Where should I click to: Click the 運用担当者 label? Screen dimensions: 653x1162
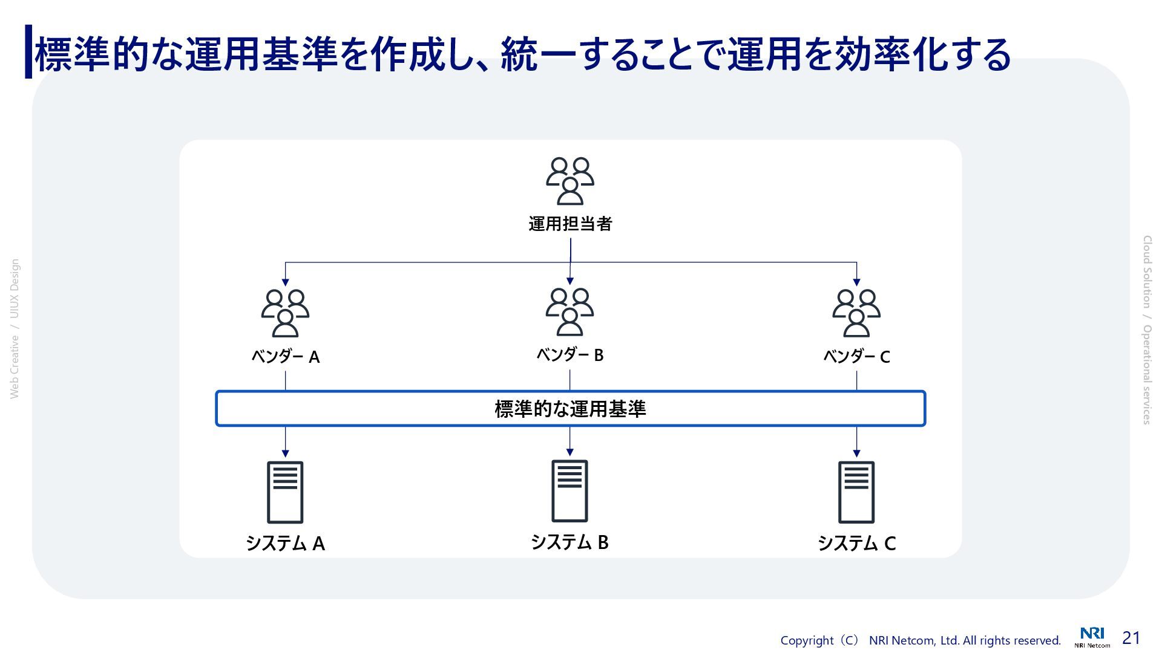point(570,224)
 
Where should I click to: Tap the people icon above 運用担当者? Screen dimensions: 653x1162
point(570,181)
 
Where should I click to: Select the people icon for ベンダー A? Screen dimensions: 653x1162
point(285,313)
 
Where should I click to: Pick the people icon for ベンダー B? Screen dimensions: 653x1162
point(570,312)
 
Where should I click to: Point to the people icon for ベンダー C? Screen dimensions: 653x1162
point(856,313)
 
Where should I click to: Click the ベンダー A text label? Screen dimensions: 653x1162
point(286,357)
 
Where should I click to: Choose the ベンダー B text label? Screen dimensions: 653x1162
point(570,355)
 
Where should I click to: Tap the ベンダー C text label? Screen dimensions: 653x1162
point(856,357)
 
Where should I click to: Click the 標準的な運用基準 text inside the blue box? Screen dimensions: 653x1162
point(570,409)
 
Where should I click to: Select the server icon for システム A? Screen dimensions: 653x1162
point(285,492)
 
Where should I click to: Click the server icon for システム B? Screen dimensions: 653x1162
point(570,491)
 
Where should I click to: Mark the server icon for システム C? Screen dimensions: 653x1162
point(856,492)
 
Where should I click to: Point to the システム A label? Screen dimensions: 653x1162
point(286,544)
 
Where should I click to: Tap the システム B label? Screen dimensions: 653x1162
point(570,542)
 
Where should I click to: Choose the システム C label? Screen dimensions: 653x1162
point(856,544)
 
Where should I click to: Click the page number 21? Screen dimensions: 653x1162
point(1131,638)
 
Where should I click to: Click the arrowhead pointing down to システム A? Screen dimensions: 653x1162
point(285,453)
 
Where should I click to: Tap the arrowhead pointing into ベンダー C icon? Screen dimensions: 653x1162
point(856,282)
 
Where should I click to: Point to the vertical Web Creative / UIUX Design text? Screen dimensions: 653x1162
point(15,329)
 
